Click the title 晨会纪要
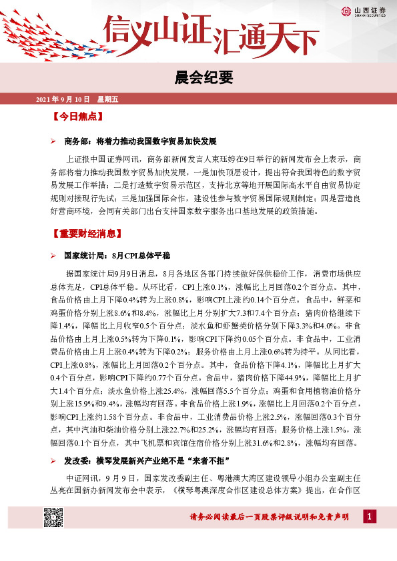coord(198,78)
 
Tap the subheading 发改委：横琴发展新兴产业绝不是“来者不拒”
coord(147,461)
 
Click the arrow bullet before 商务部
coord(53,142)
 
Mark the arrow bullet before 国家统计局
coord(53,256)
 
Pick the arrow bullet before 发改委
coord(53,461)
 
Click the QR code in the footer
coord(53,517)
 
